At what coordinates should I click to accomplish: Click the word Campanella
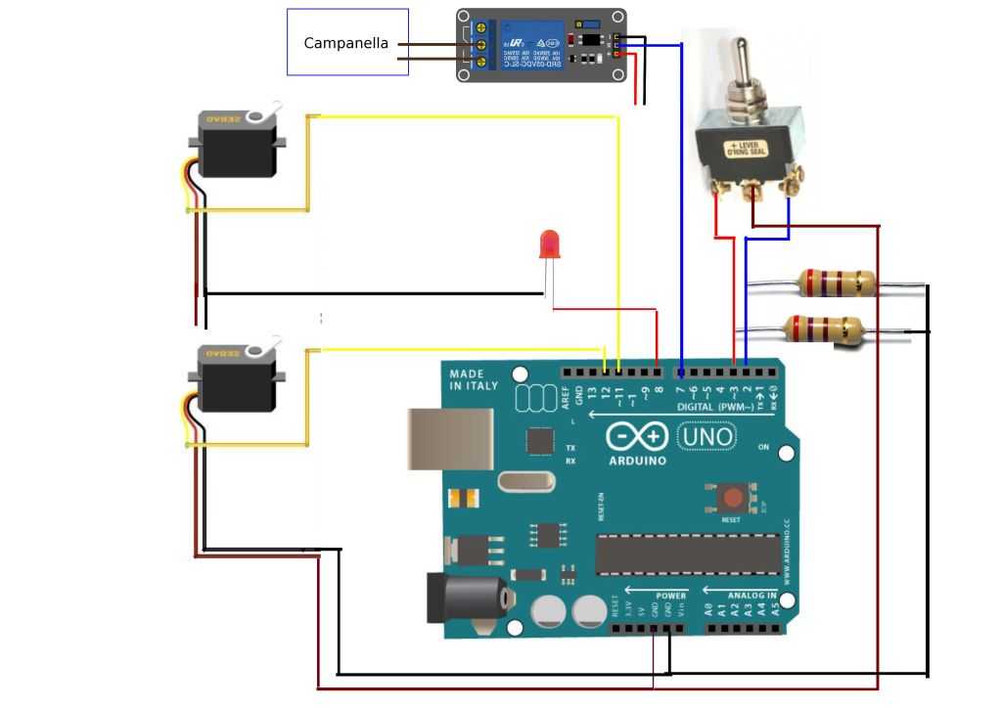click(345, 43)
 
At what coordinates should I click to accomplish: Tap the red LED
click(549, 244)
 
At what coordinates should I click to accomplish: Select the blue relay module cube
click(532, 45)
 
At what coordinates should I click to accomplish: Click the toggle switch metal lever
click(743, 67)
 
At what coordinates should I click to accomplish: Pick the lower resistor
click(825, 328)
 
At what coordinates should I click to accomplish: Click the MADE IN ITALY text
click(474, 380)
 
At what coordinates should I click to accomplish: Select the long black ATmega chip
click(687, 553)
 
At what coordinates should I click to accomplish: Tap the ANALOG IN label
click(751, 594)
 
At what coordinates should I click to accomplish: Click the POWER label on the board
click(671, 594)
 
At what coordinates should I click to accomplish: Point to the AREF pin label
click(566, 396)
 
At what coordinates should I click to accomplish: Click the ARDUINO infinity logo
click(637, 436)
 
